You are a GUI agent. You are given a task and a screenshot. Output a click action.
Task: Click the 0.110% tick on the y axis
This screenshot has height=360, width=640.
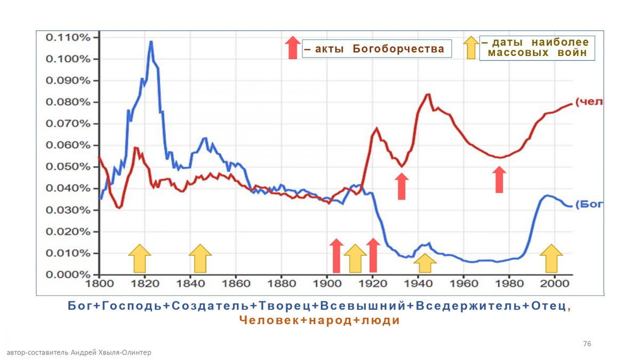68,37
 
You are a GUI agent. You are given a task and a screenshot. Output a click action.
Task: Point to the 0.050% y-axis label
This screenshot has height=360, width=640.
68,167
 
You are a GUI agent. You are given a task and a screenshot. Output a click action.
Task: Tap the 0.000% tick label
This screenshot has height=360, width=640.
68,275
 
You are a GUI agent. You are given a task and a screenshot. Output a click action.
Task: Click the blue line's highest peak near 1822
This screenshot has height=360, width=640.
151,42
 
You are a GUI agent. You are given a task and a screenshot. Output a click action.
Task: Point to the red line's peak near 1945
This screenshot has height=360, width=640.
428,94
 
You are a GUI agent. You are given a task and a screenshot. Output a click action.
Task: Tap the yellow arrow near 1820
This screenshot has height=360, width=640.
140,258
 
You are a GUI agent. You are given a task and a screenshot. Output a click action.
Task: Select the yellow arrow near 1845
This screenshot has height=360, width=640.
201,258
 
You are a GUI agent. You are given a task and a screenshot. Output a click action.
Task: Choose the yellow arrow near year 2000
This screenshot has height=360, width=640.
551,258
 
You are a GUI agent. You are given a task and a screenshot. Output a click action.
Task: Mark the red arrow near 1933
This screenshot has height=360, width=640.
402,186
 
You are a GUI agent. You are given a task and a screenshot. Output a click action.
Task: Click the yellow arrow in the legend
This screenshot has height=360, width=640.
471,47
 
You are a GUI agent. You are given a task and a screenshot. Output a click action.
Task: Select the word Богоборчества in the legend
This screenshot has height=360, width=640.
398,49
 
